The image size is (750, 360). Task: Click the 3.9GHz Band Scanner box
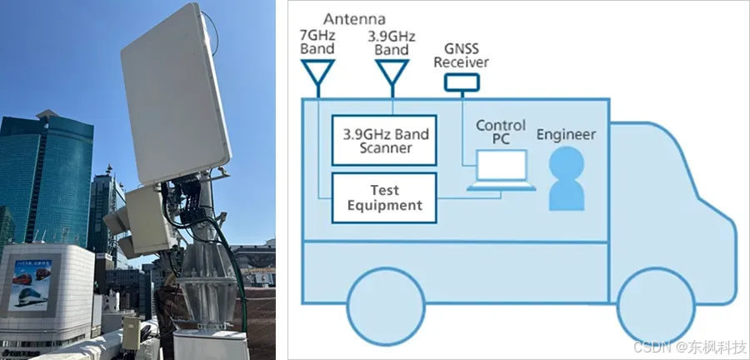(x=384, y=141)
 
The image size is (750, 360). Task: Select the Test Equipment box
(x=384, y=197)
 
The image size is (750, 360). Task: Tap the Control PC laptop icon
(x=501, y=170)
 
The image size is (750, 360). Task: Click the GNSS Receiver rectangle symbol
(x=462, y=82)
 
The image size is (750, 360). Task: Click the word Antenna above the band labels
(x=353, y=18)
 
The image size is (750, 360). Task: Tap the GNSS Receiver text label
(x=462, y=55)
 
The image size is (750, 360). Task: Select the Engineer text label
(x=567, y=133)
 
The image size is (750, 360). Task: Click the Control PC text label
(x=501, y=132)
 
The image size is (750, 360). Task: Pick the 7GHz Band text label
(x=317, y=42)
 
